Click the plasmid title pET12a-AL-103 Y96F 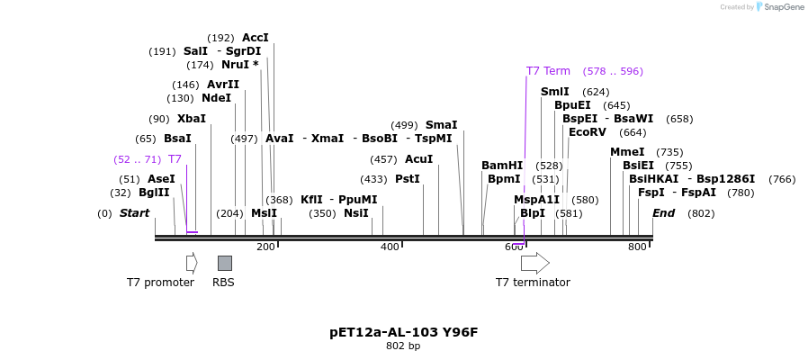pyautogui.click(x=403, y=332)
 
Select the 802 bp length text pyautogui.click(x=403, y=346)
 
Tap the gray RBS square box pyautogui.click(x=225, y=263)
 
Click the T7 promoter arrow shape pyautogui.click(x=192, y=263)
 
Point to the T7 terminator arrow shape pyautogui.click(x=534, y=263)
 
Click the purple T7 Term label pyautogui.click(x=548, y=71)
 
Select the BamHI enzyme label pyautogui.click(x=501, y=166)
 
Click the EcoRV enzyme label pyautogui.click(x=588, y=132)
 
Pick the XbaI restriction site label pyautogui.click(x=191, y=119)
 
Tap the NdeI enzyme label pyautogui.click(x=216, y=98)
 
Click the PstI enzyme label pyautogui.click(x=408, y=179)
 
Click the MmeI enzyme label pyautogui.click(x=627, y=152)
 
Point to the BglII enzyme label pyautogui.click(x=154, y=193)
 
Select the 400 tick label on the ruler pyautogui.click(x=390, y=247)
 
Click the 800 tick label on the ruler pyautogui.click(x=637, y=247)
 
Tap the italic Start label pyautogui.click(x=134, y=213)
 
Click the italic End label pyautogui.click(x=663, y=213)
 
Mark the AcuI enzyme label pyautogui.click(x=418, y=159)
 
